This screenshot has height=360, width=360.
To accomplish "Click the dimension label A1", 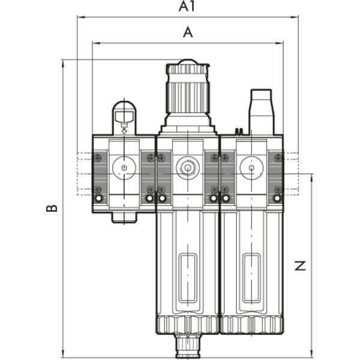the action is point(187,7).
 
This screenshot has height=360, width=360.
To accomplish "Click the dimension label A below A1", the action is point(188,32).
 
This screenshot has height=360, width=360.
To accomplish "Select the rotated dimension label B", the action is point(52,208).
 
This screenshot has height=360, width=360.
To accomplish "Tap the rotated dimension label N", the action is point(300,266).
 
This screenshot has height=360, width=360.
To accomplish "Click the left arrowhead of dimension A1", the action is point(81,17).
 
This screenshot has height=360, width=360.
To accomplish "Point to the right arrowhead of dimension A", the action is point(279,43).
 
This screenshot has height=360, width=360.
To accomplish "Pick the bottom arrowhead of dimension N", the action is point(311,353).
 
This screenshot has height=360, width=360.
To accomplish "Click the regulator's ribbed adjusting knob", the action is point(188,89).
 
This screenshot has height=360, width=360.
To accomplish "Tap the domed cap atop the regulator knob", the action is point(188,62).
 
